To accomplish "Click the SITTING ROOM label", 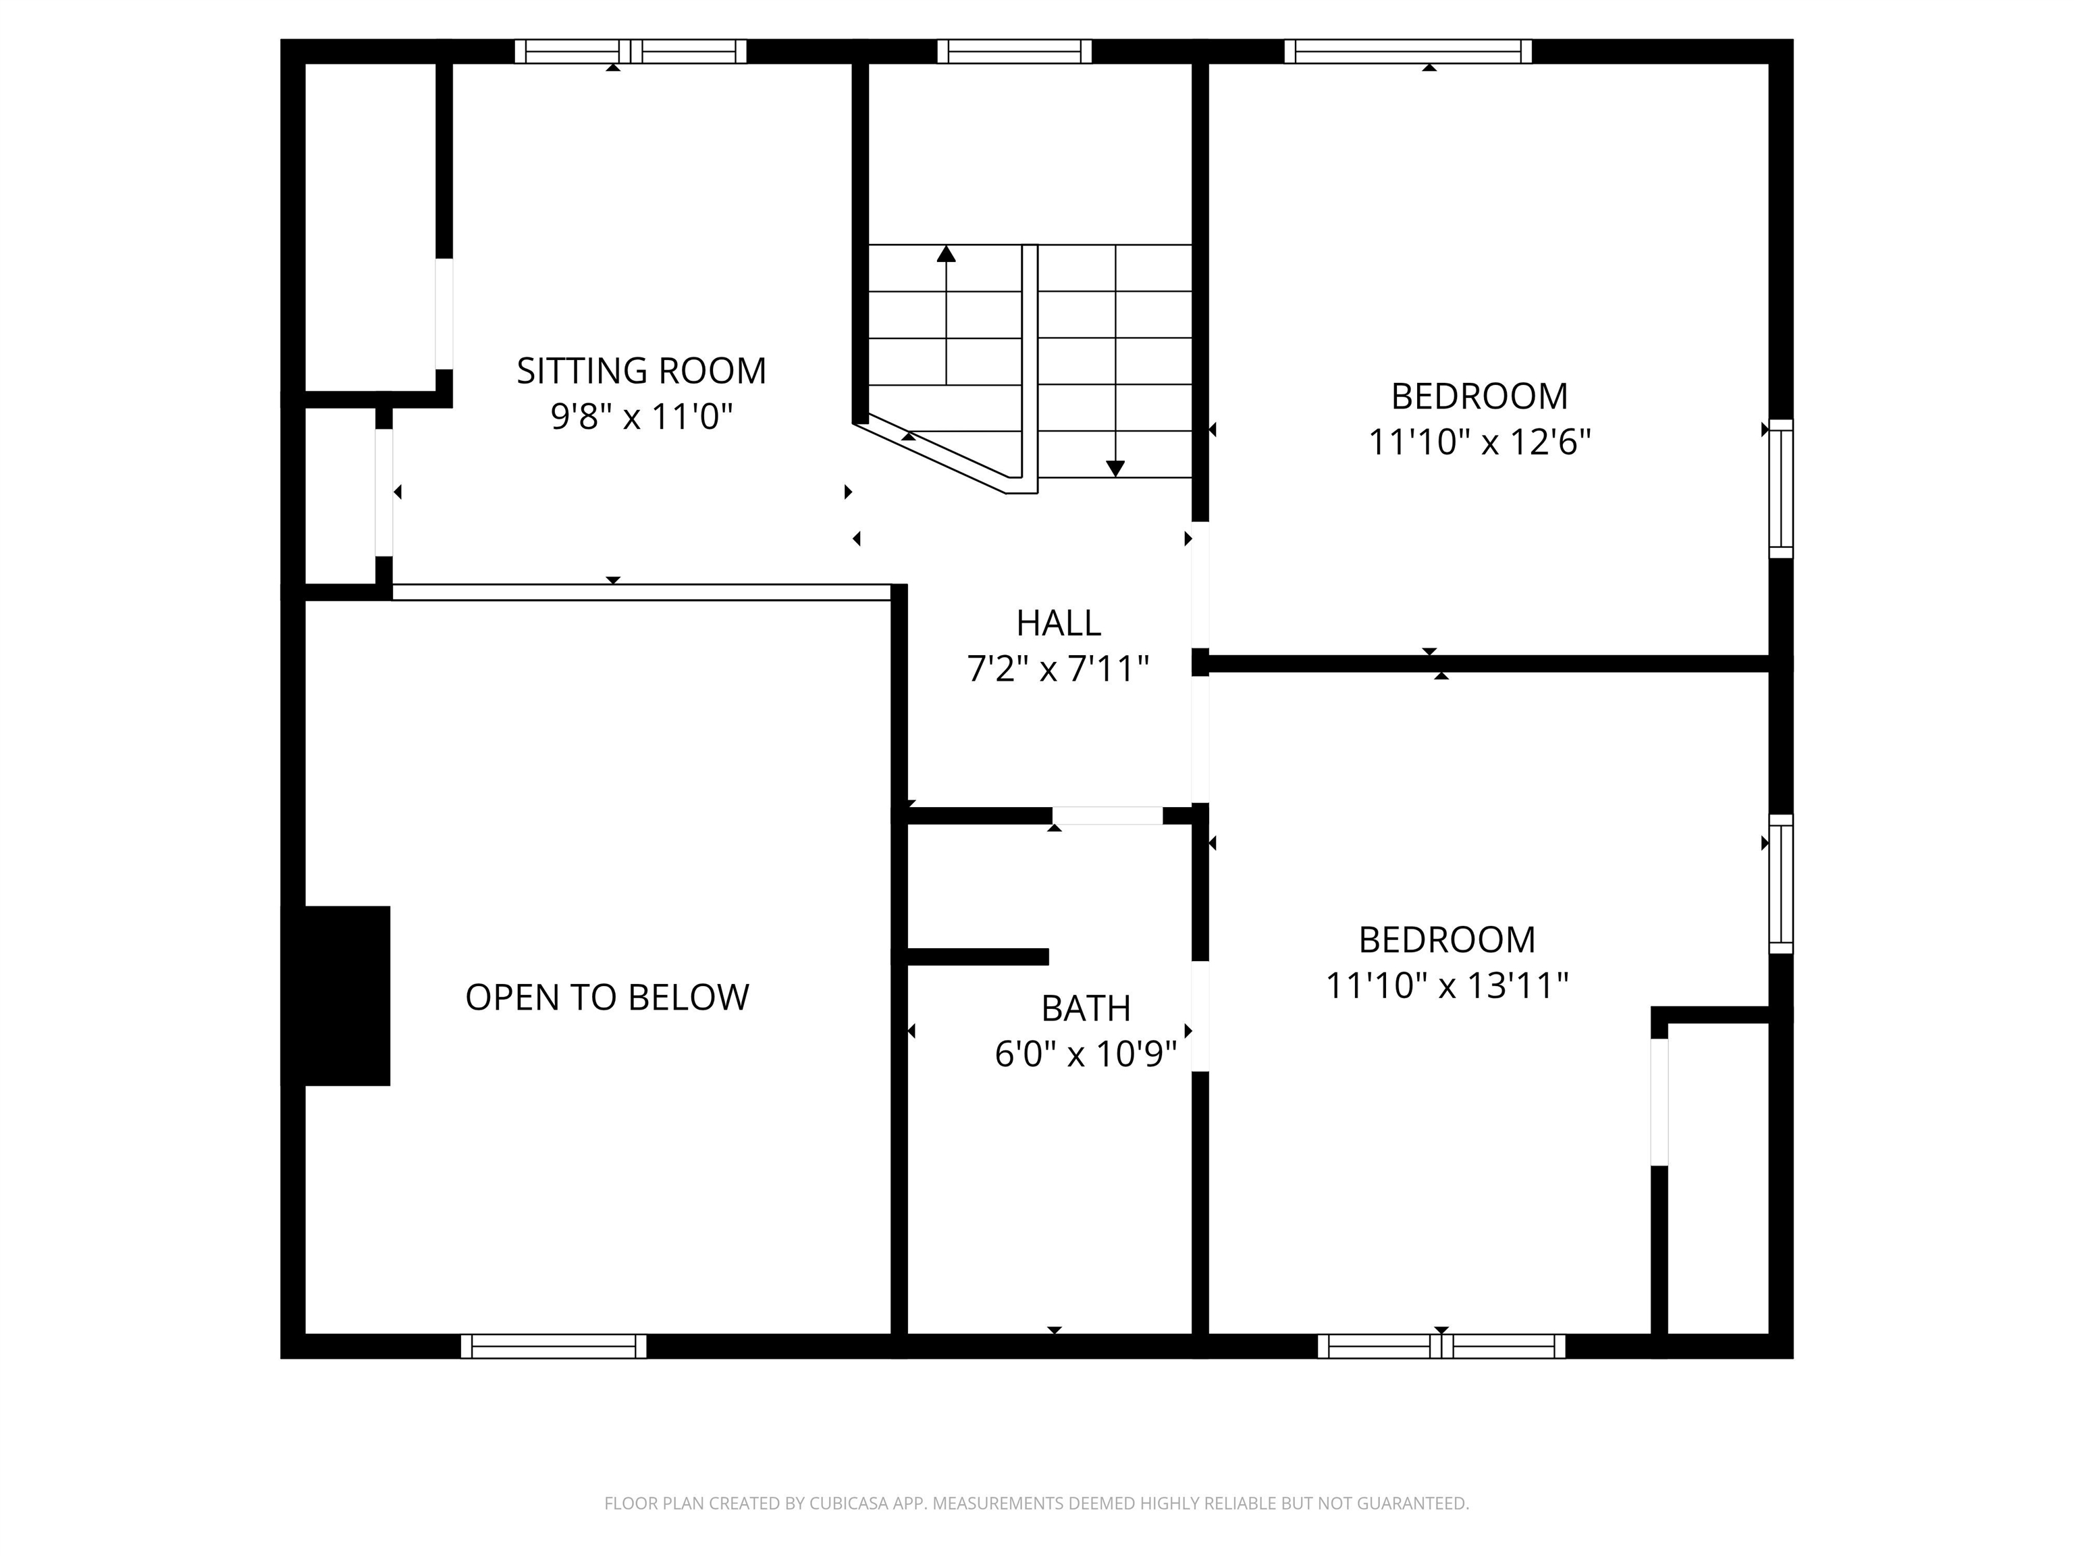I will tap(641, 371).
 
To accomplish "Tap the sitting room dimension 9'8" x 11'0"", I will tap(641, 417).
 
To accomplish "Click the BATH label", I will tap(1086, 1009).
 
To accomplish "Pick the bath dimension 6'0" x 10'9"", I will tap(1086, 1055).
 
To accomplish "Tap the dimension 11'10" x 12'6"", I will tap(1480, 442).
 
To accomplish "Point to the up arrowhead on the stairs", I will tap(946, 253).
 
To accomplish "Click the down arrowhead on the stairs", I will tap(1115, 469).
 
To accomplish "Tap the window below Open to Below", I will tap(553, 1346).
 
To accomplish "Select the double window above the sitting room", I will tap(630, 51).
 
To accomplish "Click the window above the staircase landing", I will tap(1015, 51).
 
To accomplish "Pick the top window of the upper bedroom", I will tap(1408, 51).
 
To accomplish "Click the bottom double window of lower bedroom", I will tap(1441, 1346).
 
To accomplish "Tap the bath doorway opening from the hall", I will tap(1107, 816).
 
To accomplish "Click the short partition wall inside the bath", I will tap(977, 957).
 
